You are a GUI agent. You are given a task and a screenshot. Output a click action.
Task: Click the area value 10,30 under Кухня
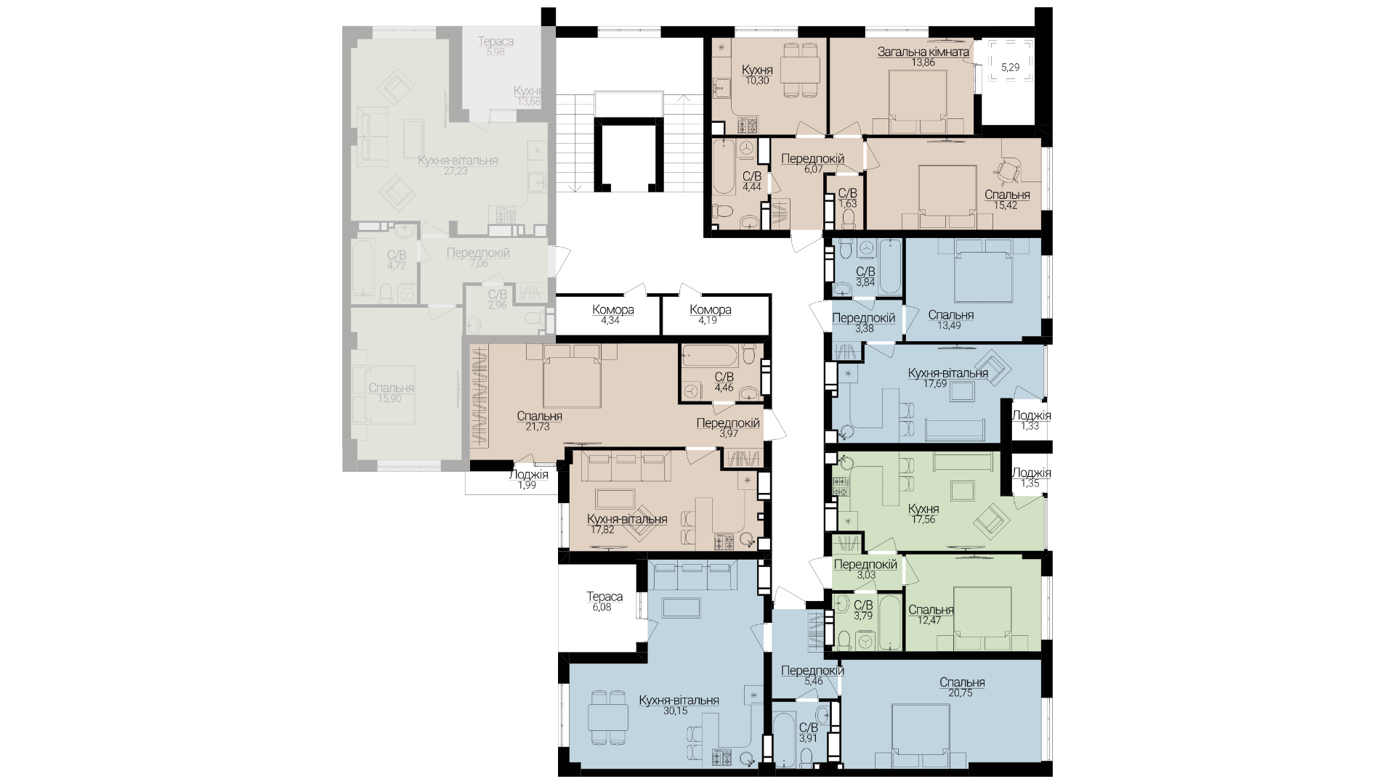click(757, 81)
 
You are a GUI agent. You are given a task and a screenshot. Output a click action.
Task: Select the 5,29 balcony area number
click(1010, 68)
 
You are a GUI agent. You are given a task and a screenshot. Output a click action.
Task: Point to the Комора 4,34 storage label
click(612, 314)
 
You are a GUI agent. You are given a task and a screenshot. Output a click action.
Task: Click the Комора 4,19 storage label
click(710, 314)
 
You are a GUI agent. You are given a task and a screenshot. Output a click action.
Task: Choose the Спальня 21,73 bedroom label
click(539, 421)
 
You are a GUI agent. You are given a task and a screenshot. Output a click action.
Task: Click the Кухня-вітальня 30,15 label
click(679, 706)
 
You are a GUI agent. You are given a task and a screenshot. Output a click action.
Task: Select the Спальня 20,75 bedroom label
click(962, 687)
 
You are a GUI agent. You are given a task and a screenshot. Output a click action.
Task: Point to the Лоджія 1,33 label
click(1031, 421)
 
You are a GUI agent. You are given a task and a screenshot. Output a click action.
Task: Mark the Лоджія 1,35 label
click(1031, 478)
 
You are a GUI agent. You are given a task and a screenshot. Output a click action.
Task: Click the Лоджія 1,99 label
click(528, 480)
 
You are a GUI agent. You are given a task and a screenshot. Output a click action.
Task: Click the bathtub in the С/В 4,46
click(709, 356)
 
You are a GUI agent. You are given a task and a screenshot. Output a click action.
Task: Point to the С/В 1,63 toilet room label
click(848, 199)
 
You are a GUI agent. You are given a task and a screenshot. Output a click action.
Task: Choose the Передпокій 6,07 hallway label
click(812, 163)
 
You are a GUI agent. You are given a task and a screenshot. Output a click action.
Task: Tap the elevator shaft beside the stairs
click(628, 154)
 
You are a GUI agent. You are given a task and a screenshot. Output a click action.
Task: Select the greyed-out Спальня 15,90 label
click(391, 393)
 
